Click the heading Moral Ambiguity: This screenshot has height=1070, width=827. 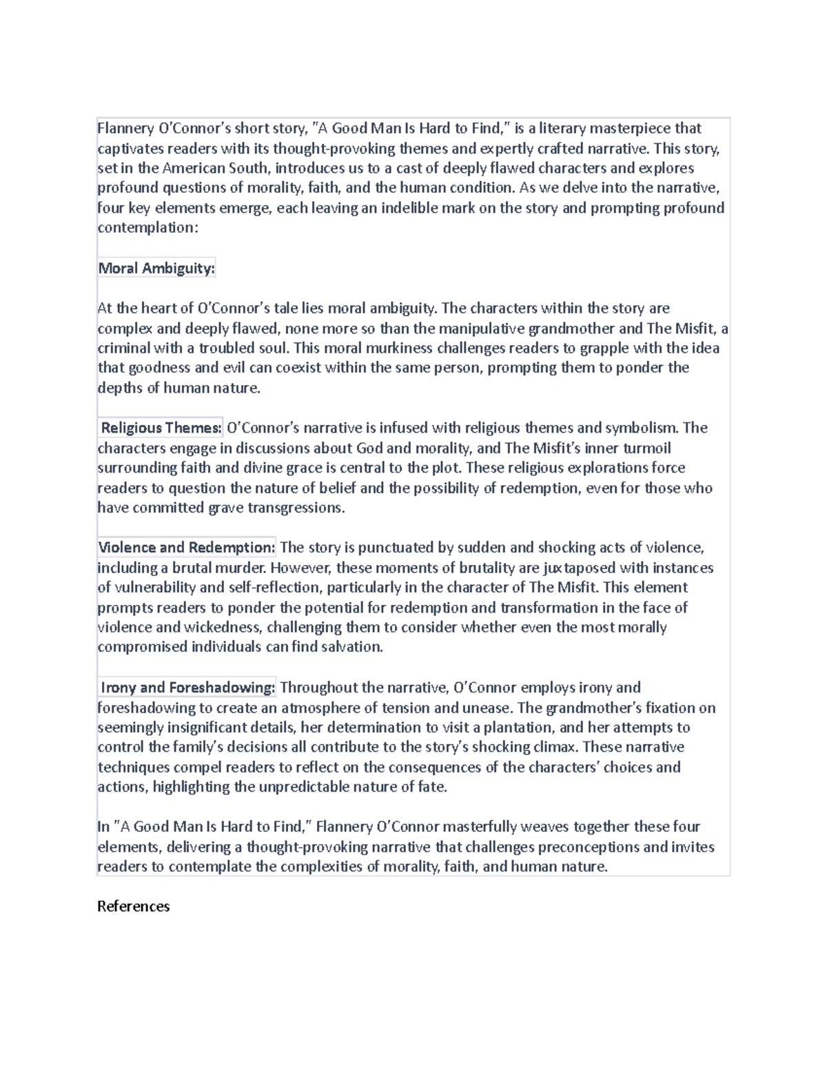pyautogui.click(x=156, y=268)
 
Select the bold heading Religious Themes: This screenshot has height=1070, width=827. pyautogui.click(x=161, y=428)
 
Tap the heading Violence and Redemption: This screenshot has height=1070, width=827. pyautogui.click(x=186, y=548)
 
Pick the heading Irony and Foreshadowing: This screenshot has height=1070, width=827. pyautogui.click(x=187, y=688)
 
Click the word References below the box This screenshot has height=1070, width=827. pyautogui.click(x=133, y=906)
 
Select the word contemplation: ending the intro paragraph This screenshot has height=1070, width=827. pyautogui.click(x=147, y=227)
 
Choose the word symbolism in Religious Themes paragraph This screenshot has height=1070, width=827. pyautogui.click(x=642, y=428)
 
